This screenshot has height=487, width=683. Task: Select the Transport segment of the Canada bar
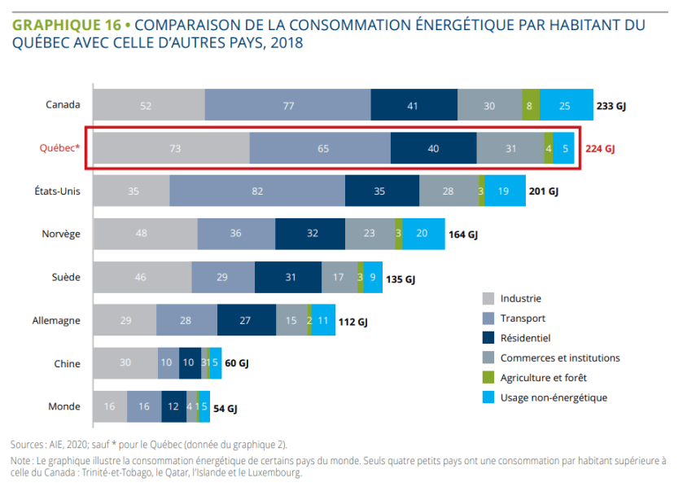[287, 105]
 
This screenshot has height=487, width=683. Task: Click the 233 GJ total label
[611, 106]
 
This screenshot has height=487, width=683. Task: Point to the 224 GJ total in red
[599, 149]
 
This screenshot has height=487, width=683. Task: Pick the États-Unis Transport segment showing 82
[257, 191]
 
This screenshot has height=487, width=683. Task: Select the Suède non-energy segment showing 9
[373, 277]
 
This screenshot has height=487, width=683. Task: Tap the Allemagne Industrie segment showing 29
[125, 320]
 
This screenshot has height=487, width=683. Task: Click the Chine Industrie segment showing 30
[125, 363]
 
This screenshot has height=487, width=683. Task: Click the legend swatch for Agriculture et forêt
[488, 378]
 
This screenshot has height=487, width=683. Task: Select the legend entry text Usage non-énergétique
[554, 397]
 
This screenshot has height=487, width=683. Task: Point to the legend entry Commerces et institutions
[560, 358]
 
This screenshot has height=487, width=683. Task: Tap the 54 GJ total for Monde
[225, 407]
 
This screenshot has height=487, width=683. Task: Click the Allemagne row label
[58, 320]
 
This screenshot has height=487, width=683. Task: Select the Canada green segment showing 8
[530, 105]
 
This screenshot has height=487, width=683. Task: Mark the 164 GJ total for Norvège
[462, 235]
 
